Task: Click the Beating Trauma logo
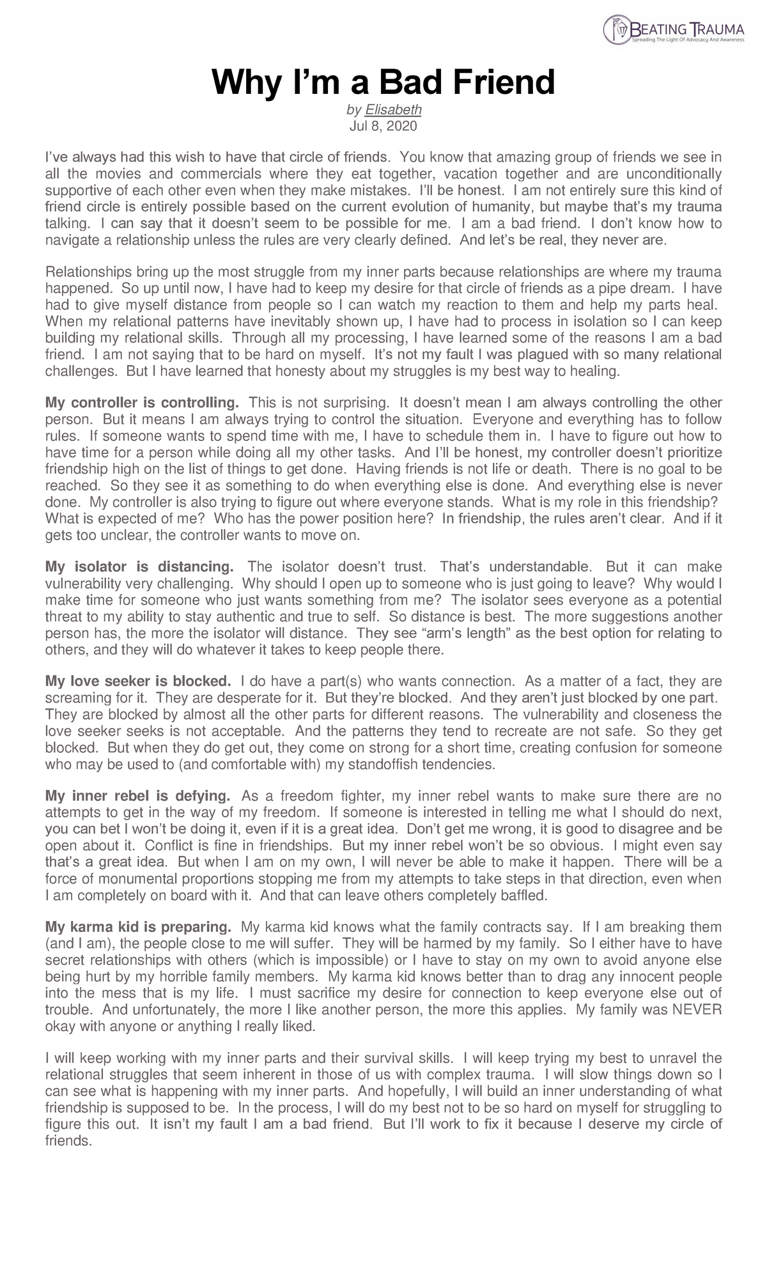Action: pos(674,30)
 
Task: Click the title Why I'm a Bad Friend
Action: pos(383,82)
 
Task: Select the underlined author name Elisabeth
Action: pos(398,110)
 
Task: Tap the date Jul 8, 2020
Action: pos(383,126)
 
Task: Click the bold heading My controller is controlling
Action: pos(142,403)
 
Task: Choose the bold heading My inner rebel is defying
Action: pos(137,796)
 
